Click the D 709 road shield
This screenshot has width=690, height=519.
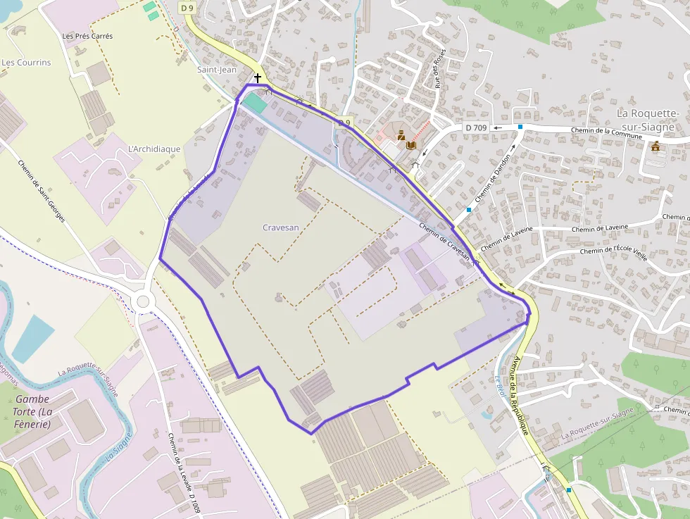pos(476,127)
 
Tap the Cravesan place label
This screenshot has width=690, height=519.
pos(280,227)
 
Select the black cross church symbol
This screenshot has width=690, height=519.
pos(258,77)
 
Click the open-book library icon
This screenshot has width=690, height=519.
pos(411,145)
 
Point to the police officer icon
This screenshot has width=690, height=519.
pos(401,135)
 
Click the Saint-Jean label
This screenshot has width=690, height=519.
pos(217,70)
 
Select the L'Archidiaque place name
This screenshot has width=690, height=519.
pos(154,149)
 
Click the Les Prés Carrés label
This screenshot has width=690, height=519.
pos(87,36)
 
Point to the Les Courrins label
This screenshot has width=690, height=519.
pos(27,63)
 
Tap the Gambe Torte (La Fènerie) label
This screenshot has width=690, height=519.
pos(32,411)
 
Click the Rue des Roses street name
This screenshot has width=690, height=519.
pos(439,72)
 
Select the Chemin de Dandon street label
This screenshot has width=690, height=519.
pos(494,180)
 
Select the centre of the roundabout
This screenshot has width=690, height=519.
pos(144,301)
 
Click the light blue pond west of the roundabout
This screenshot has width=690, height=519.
pos(32,337)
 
